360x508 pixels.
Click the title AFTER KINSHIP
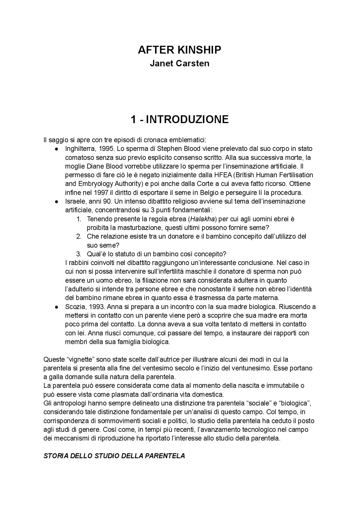(x=179, y=50)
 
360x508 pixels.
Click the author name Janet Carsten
(x=179, y=63)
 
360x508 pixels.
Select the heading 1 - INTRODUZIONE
(x=179, y=120)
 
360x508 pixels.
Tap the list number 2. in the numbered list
(x=79, y=237)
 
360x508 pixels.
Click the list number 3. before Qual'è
(x=79, y=254)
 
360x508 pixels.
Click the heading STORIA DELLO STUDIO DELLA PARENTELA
(x=114, y=456)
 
